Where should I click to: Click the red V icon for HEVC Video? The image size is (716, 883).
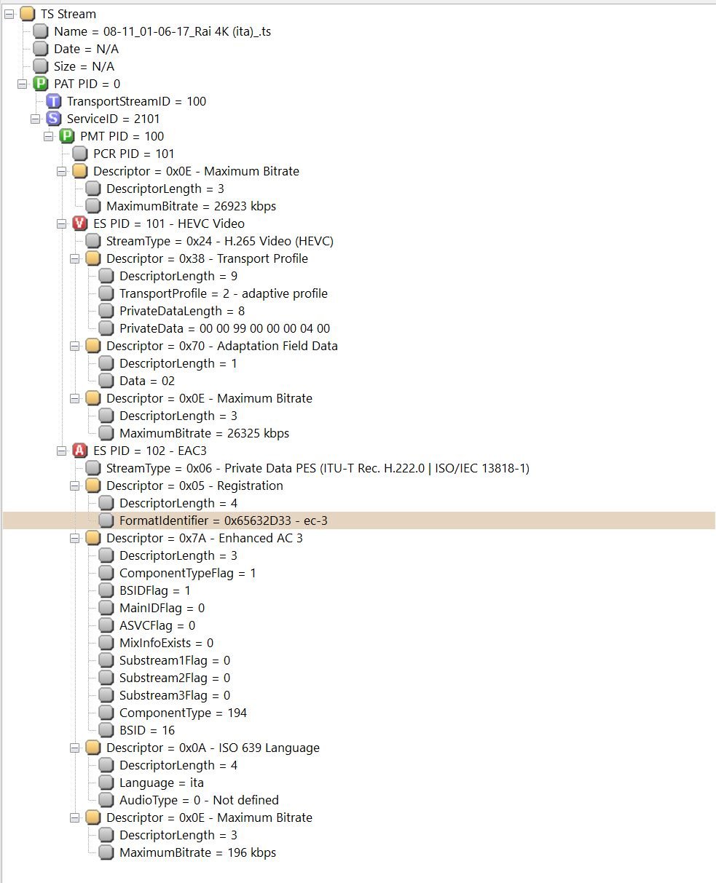(x=80, y=223)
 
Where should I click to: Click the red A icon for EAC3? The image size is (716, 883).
(x=80, y=451)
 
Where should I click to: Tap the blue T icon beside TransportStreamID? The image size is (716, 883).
(x=54, y=101)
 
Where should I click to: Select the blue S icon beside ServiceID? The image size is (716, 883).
(x=54, y=119)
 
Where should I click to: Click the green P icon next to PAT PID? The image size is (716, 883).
(x=41, y=84)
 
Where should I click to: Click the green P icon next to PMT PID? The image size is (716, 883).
(x=67, y=136)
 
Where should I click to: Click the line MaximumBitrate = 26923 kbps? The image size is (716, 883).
(x=191, y=206)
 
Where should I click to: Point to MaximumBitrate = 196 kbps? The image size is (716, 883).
(x=197, y=852)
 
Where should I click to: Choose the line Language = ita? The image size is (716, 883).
(x=161, y=783)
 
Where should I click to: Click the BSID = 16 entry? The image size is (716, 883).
(x=147, y=730)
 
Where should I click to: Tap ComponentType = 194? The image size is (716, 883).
(x=183, y=713)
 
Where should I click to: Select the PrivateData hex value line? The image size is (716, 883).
(x=224, y=328)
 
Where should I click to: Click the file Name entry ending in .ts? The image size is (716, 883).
(x=162, y=31)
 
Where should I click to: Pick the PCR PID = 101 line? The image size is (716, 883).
(x=133, y=154)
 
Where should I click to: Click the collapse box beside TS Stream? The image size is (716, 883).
(x=9, y=14)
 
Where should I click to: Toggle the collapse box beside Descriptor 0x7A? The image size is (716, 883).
(x=74, y=538)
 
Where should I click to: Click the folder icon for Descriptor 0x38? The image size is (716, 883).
(x=93, y=258)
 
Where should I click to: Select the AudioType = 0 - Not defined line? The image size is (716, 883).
(x=199, y=800)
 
